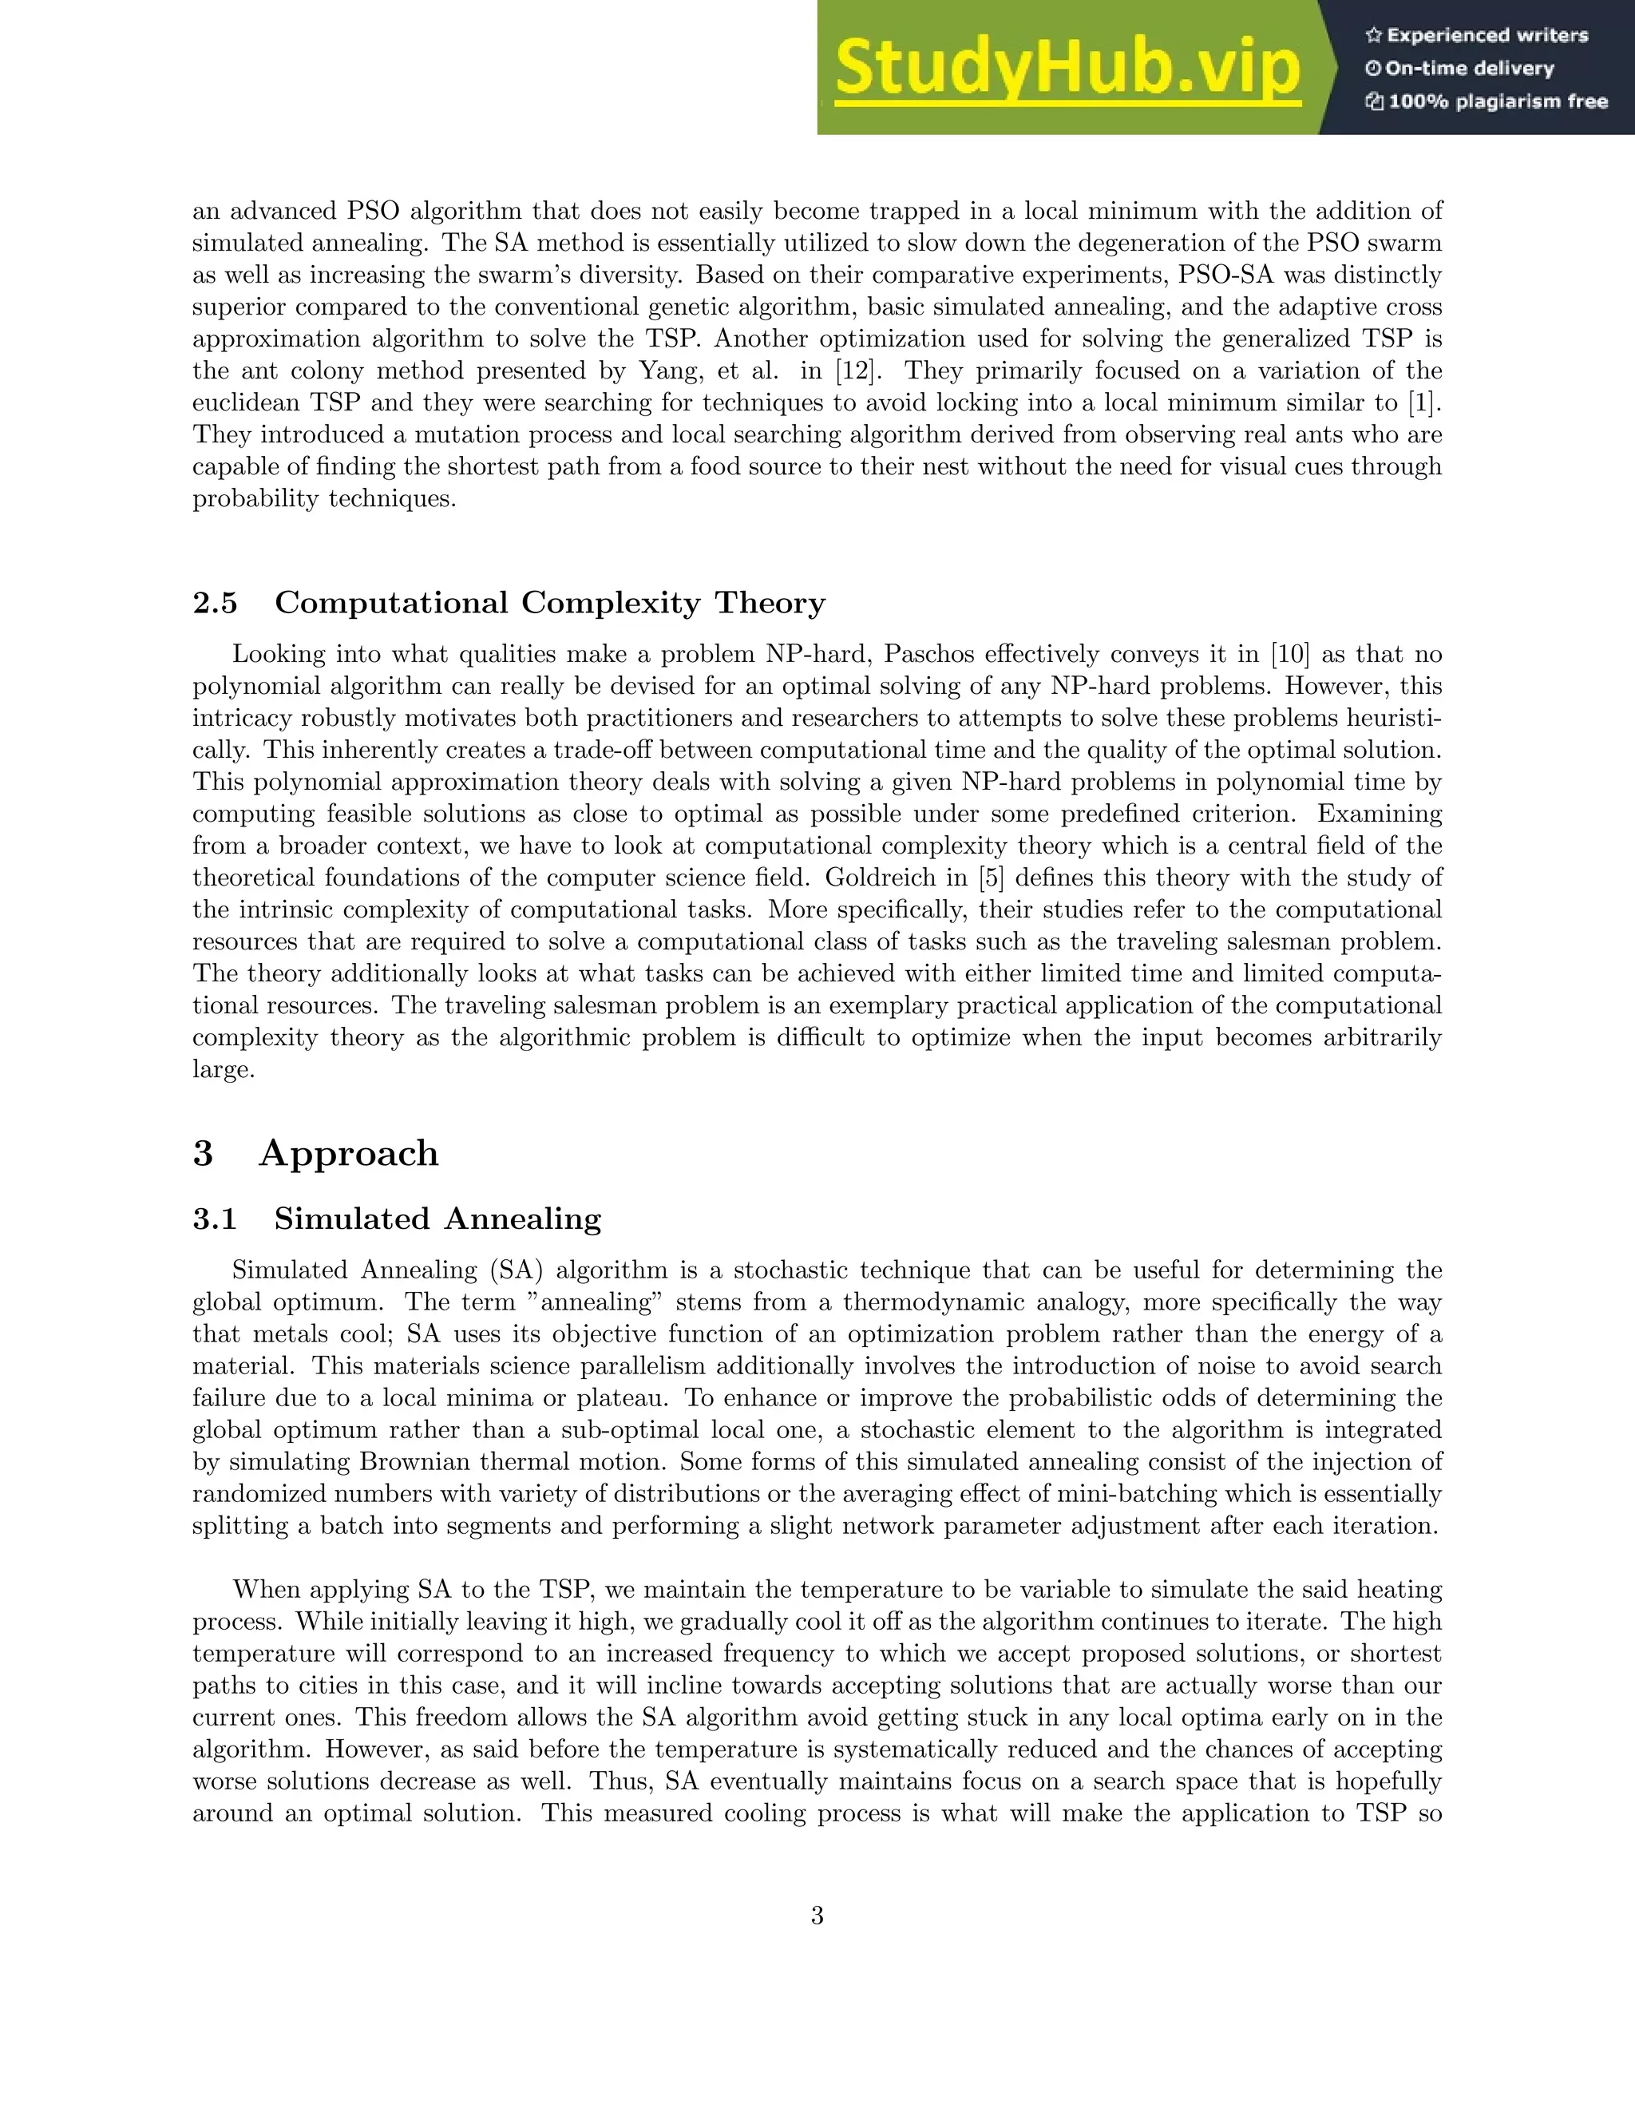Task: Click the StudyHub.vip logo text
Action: point(1067,68)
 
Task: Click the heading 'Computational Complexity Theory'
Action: point(549,603)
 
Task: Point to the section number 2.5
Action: point(215,603)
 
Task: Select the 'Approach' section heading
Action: point(348,1153)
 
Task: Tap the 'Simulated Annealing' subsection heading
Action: point(437,1218)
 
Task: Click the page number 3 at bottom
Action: point(817,1916)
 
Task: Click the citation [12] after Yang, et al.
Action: point(858,371)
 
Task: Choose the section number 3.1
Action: point(215,1218)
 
